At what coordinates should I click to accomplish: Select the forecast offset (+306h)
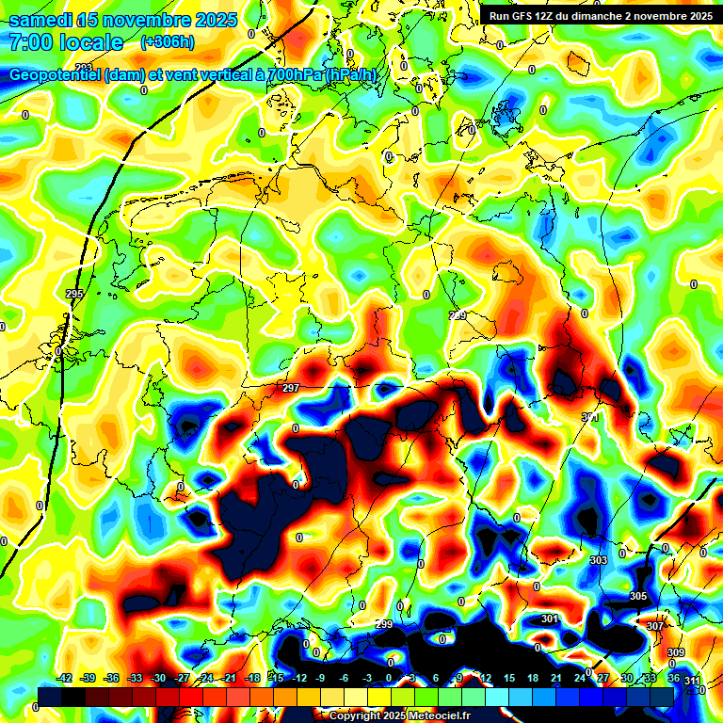click(168, 42)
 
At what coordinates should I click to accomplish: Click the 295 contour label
click(75, 295)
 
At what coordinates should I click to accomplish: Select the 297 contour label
click(291, 388)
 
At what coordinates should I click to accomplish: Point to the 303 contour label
click(598, 560)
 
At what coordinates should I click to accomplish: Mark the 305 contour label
click(638, 596)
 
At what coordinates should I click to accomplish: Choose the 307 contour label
click(655, 626)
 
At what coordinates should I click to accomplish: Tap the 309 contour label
click(676, 652)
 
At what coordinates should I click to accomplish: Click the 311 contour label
click(692, 680)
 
